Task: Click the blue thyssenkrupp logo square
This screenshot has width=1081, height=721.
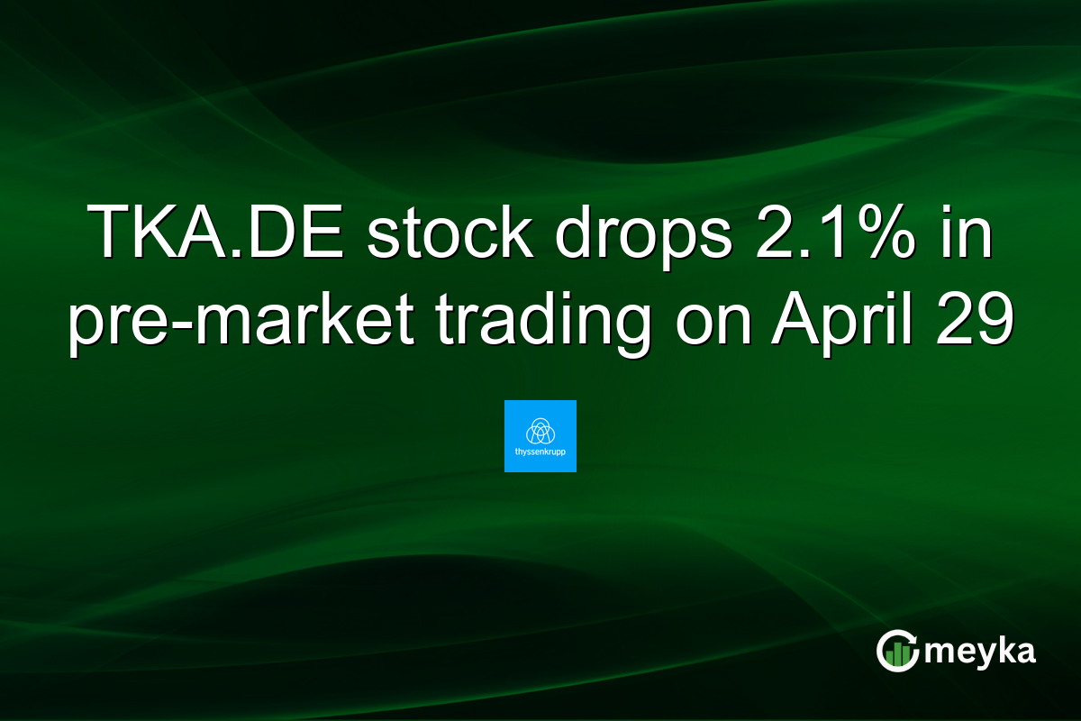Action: click(540, 436)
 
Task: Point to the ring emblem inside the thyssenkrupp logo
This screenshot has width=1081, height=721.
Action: click(540, 430)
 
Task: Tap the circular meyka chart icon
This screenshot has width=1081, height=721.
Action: click(898, 651)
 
